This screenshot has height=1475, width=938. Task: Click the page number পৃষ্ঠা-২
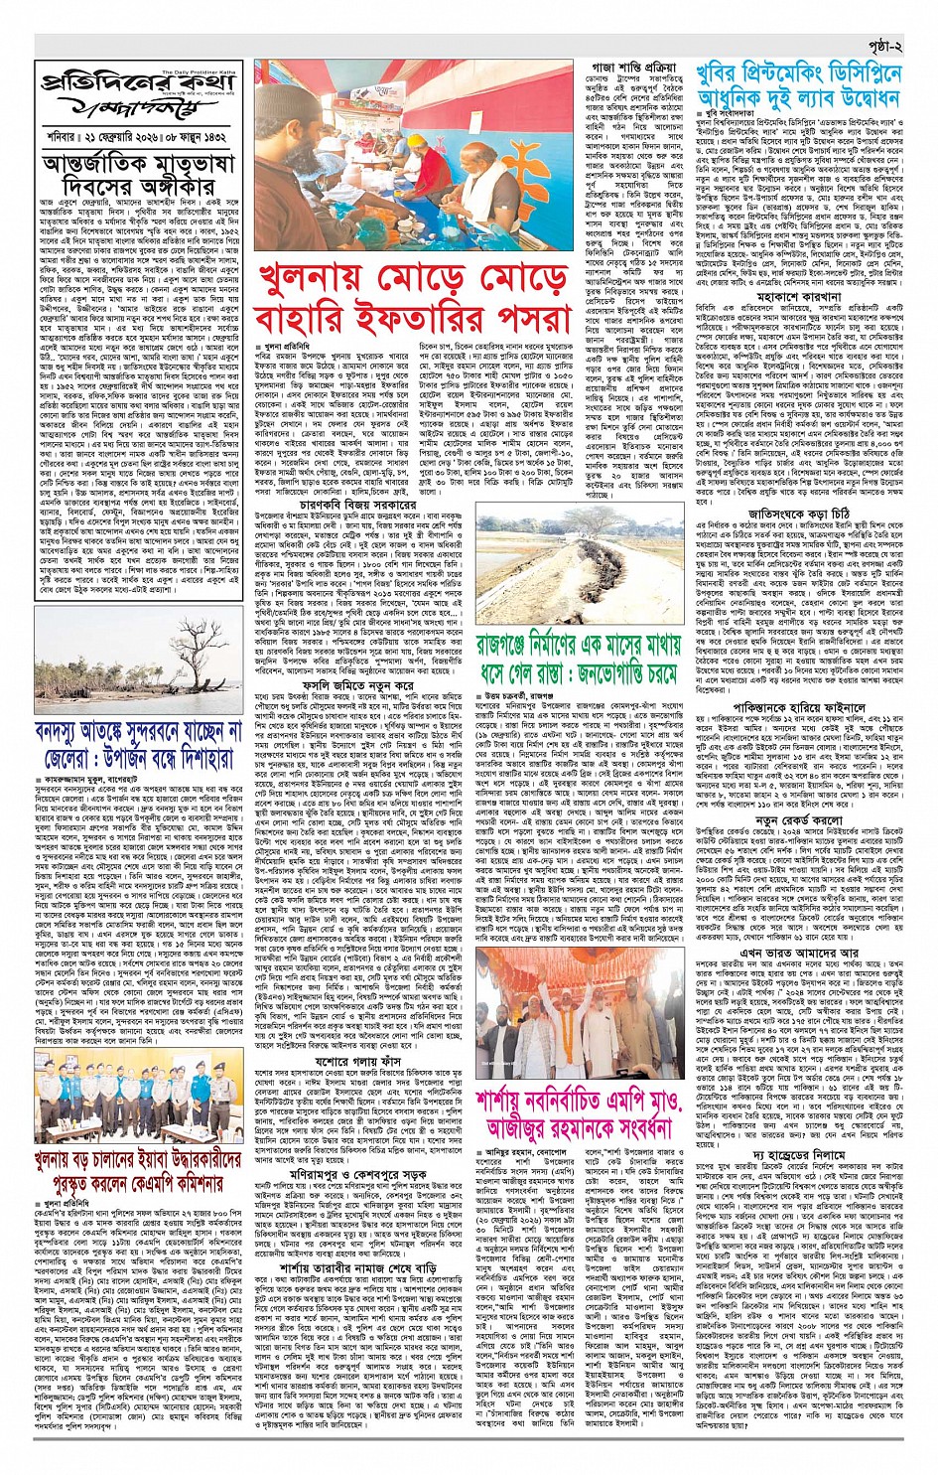(x=879, y=47)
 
